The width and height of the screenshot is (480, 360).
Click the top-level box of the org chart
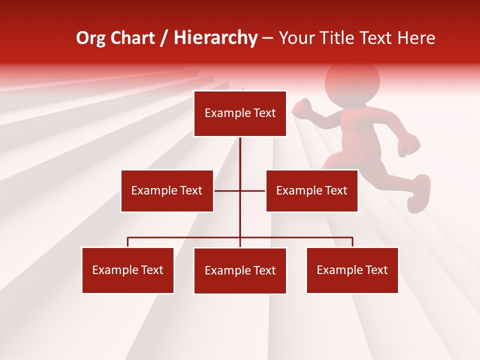tap(240, 113)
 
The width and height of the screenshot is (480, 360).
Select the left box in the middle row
tap(167, 190)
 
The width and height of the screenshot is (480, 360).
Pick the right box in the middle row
tap(311, 190)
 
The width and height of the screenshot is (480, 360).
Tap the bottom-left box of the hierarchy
tap(128, 270)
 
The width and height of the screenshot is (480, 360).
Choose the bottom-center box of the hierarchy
tap(240, 270)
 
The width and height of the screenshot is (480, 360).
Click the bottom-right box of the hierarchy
tap(352, 270)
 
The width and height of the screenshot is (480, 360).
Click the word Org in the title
tap(90, 38)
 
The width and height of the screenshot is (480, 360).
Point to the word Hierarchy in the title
tap(215, 38)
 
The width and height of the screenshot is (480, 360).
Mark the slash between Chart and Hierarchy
tap(164, 38)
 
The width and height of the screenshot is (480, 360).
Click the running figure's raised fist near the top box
tap(302, 107)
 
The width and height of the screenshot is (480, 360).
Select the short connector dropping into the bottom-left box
tap(128, 242)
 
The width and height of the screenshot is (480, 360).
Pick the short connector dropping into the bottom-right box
tap(352, 242)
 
